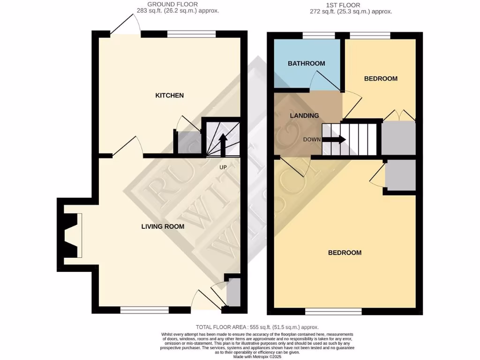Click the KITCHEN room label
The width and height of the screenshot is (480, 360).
pos(169,96)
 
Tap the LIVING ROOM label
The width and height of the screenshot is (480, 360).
pos(163,226)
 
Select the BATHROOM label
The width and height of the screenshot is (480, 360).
pos(306,64)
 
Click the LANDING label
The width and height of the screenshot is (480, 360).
pos(304,116)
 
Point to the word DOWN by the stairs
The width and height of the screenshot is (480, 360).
pos(312,140)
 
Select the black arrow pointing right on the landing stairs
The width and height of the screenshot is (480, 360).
pos(335,139)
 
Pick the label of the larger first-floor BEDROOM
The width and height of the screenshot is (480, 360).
pos(345,253)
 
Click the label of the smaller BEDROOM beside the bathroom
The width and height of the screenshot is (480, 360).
pos(381,79)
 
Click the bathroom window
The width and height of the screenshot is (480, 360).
pos(319,35)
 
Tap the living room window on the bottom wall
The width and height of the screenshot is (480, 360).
pos(144,310)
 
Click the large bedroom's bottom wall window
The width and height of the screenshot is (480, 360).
pos(333,311)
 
